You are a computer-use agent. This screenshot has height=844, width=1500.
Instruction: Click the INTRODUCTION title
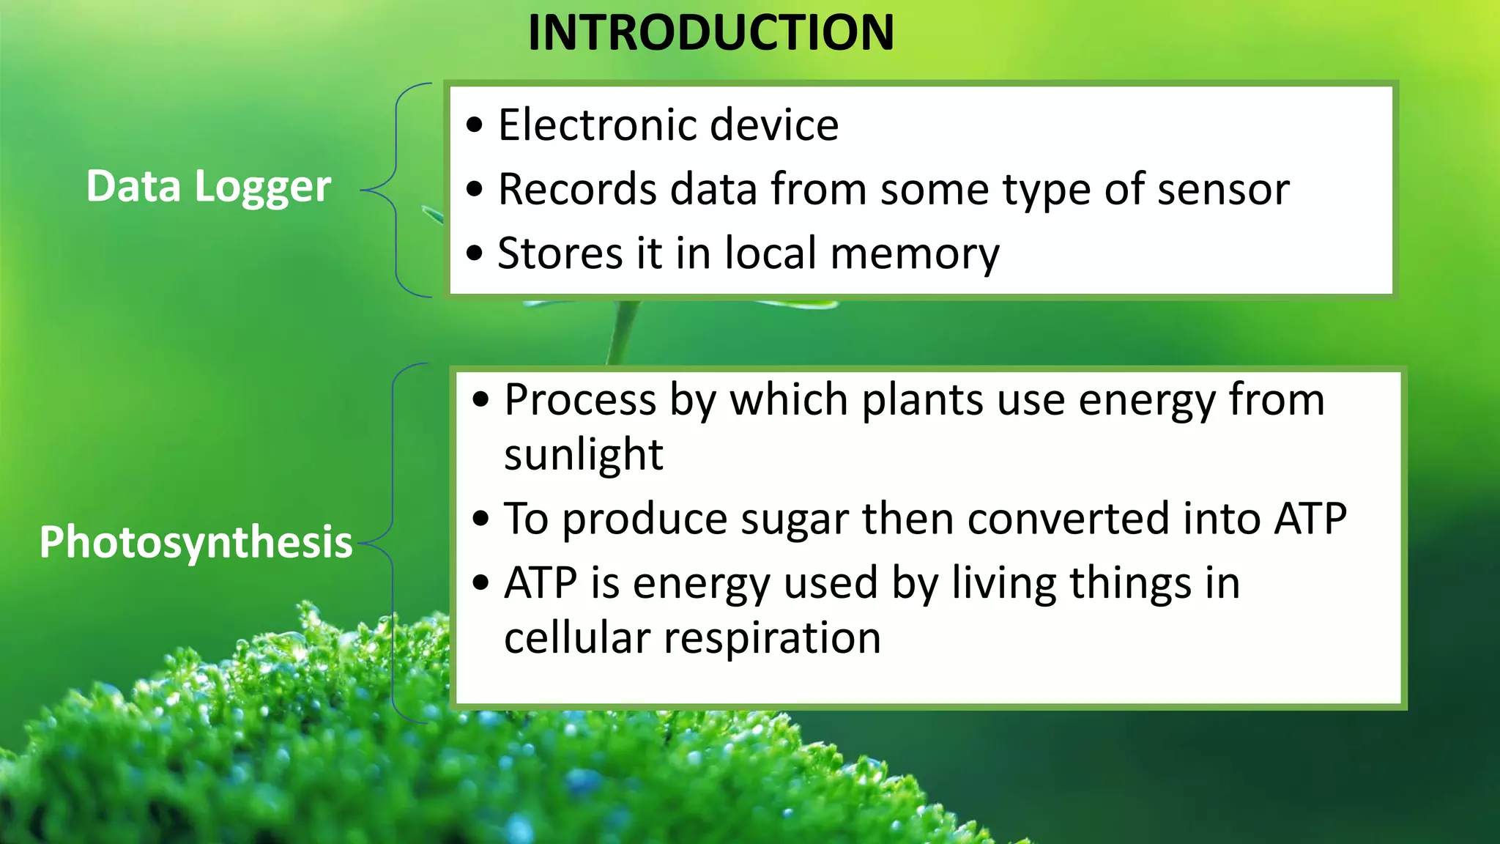(710, 33)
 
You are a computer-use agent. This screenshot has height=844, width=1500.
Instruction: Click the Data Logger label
(208, 187)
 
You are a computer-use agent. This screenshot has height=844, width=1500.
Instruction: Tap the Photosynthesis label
(196, 542)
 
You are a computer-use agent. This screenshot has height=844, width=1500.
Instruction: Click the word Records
(577, 189)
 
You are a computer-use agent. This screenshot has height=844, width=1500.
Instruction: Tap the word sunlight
(583, 454)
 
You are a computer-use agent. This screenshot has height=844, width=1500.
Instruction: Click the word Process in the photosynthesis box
(580, 400)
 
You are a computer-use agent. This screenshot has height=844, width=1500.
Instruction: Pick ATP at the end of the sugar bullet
(1310, 519)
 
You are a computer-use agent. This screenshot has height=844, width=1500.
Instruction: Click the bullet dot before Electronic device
(475, 125)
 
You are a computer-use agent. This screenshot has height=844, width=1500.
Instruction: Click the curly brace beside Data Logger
(396, 190)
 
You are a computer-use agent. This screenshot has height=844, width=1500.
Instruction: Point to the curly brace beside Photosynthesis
(393, 543)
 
